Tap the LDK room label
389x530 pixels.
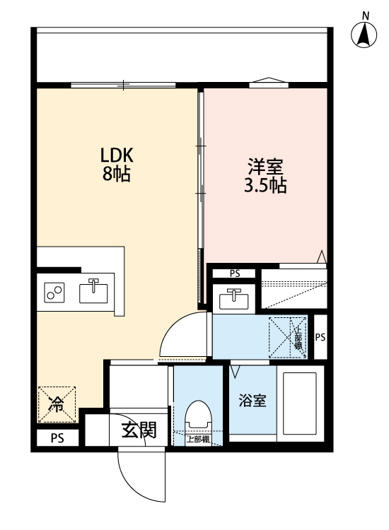[x=117, y=155]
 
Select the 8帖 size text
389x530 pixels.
[x=117, y=175]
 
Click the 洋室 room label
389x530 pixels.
[x=265, y=168]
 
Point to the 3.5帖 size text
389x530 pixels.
[x=265, y=187]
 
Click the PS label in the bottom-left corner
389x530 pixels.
[x=57, y=439]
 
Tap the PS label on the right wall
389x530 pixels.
[x=320, y=337]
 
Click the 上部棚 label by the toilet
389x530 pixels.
[x=197, y=439]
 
